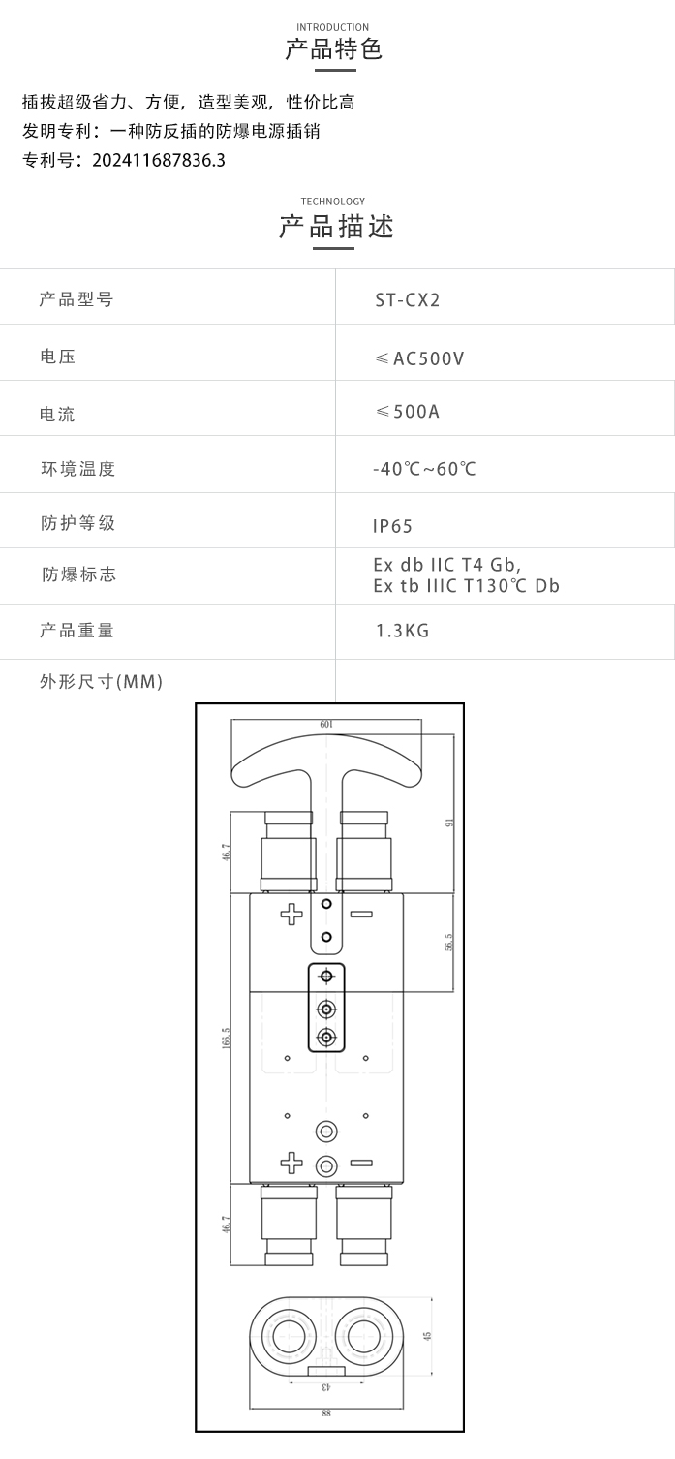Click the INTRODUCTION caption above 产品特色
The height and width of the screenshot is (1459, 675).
pyautogui.click(x=332, y=27)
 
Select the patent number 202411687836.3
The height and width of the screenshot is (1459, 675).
pyautogui.click(x=159, y=160)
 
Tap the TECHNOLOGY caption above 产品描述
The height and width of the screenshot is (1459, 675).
pyautogui.click(x=332, y=202)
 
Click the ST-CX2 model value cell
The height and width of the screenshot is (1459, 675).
pyautogui.click(x=408, y=299)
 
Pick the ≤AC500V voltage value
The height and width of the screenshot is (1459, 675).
pyautogui.click(x=419, y=358)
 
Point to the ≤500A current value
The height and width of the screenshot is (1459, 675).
pyautogui.click(x=408, y=412)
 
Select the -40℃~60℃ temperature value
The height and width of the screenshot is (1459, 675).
pyautogui.click(x=424, y=469)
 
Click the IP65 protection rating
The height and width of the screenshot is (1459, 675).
pyautogui.click(x=392, y=526)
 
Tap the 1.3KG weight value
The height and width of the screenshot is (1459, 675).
pyautogui.click(x=402, y=631)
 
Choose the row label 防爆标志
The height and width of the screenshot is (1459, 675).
pyautogui.click(x=78, y=574)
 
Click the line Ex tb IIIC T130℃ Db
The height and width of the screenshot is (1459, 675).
pyautogui.click(x=466, y=586)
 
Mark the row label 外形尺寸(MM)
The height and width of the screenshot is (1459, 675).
pyautogui.click(x=101, y=682)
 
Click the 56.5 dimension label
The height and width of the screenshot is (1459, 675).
pyautogui.click(x=448, y=942)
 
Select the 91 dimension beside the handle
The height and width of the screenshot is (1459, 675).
pyautogui.click(x=448, y=823)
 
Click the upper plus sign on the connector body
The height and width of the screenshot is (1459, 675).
pyautogui.click(x=291, y=915)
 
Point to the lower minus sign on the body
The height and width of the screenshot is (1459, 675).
pyautogui.click(x=361, y=1163)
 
